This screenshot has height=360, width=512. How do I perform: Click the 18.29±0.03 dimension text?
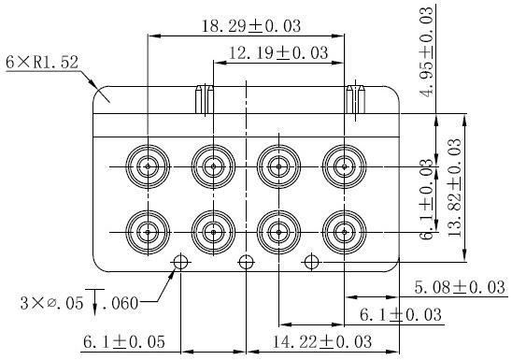(251, 26)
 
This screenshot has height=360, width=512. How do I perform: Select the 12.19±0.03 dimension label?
(278, 53)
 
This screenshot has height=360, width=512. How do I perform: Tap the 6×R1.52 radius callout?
(42, 62)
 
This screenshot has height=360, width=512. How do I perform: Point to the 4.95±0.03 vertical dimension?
(427, 51)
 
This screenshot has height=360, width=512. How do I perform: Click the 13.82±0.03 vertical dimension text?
(455, 188)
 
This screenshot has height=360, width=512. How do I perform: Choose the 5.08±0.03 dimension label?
(460, 287)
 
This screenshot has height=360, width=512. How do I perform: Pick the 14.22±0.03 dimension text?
(322, 341)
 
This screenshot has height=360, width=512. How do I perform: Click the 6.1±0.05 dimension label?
(124, 341)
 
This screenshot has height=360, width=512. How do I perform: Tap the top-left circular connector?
(148, 166)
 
